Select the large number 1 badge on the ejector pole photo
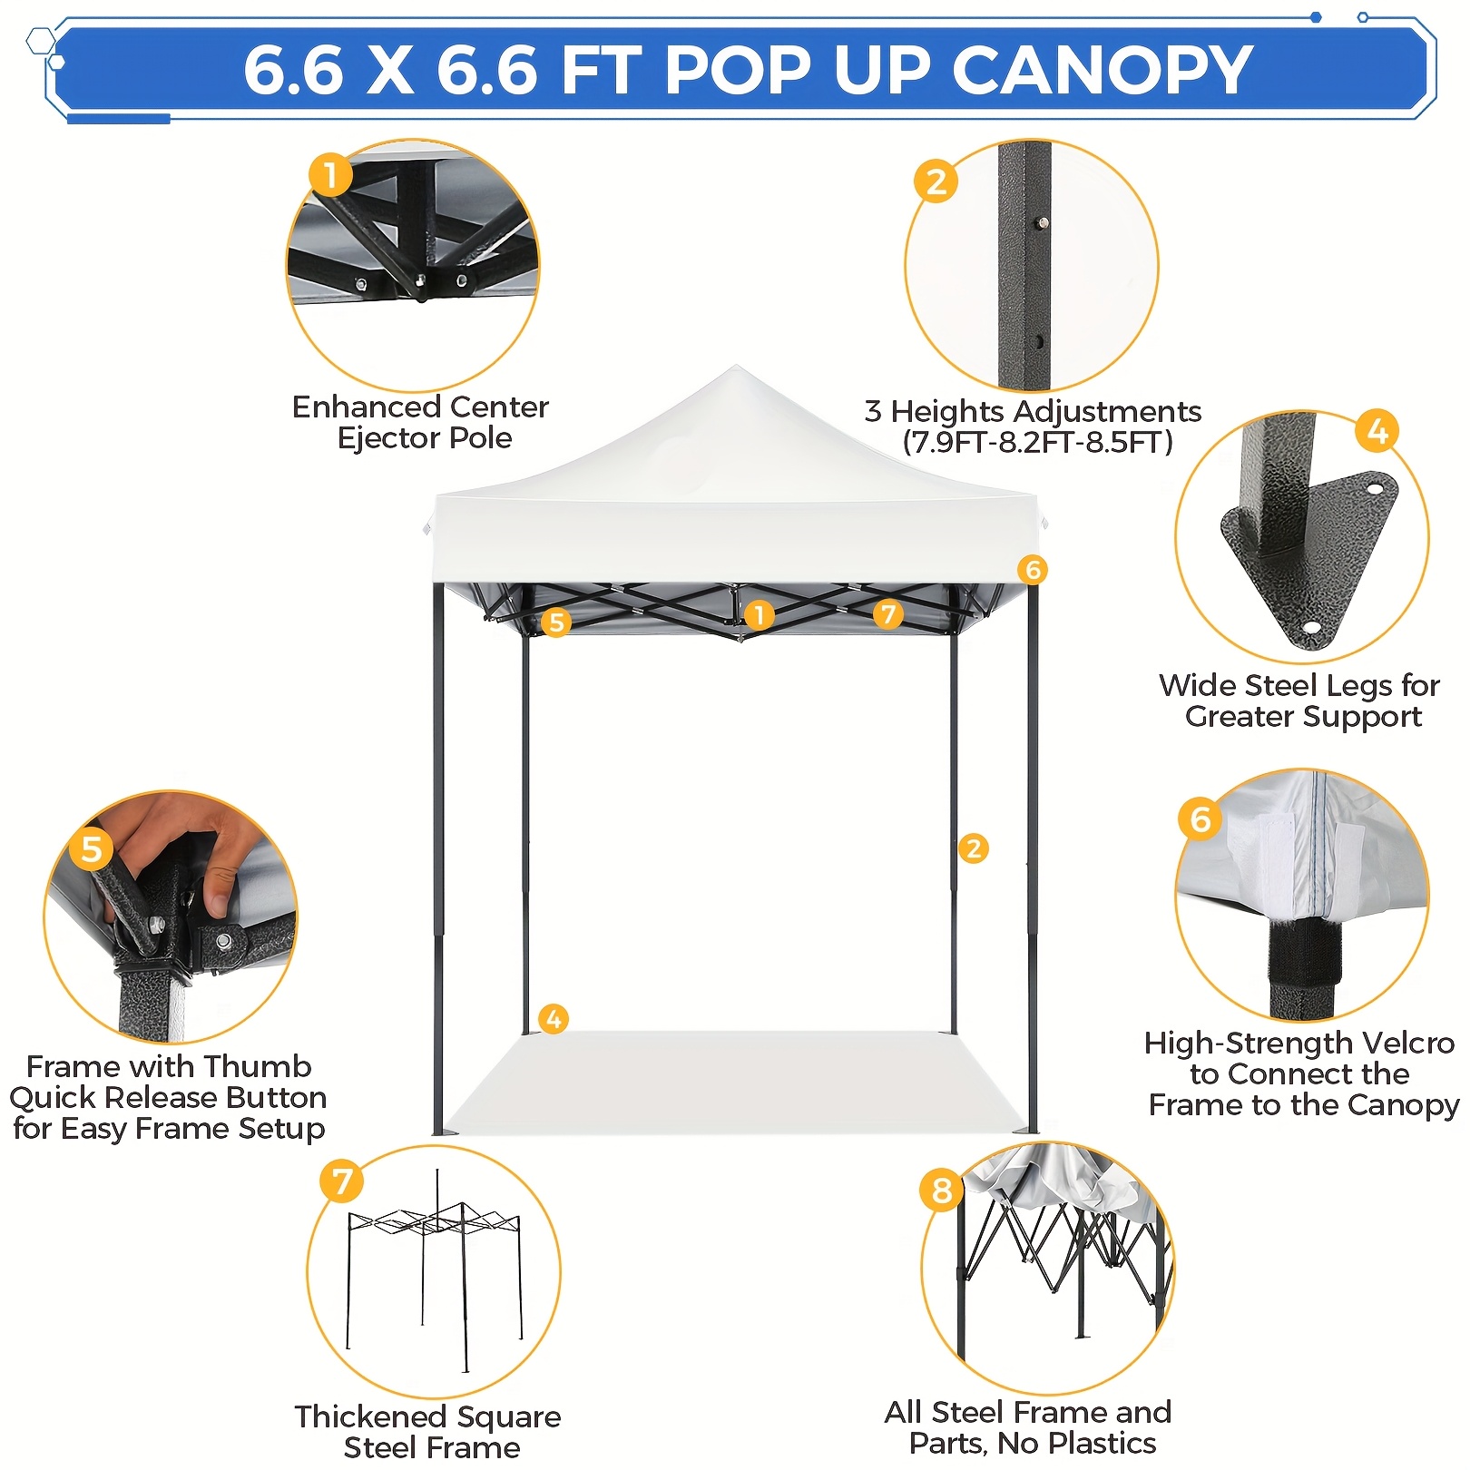(x=330, y=175)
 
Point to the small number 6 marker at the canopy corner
(x=1032, y=570)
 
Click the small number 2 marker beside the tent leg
(x=974, y=848)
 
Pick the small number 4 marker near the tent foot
(x=554, y=1019)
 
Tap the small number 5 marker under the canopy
(x=556, y=622)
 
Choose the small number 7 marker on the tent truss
(x=888, y=614)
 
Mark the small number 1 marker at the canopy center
(x=759, y=615)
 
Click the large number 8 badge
(x=942, y=1191)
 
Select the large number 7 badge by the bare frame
(x=342, y=1181)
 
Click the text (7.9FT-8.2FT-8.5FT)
(x=1037, y=443)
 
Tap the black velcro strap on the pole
(x=1304, y=953)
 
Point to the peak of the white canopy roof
(x=736, y=367)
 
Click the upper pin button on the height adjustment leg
(x=1044, y=222)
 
